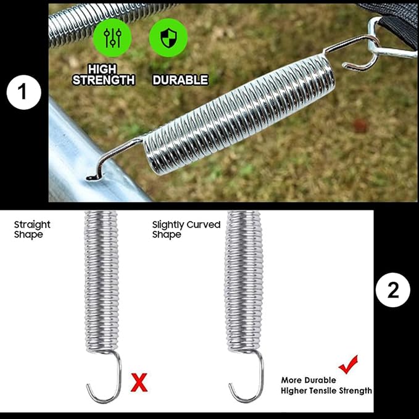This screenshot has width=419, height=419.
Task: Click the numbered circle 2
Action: tap(393, 291)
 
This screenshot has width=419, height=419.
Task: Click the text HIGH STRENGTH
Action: tap(103, 75)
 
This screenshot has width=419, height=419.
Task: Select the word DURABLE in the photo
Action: tap(180, 80)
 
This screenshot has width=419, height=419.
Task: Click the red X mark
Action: tap(140, 383)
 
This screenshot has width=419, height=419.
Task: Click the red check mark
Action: tap(348, 363)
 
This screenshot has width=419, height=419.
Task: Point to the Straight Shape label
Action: tap(32, 230)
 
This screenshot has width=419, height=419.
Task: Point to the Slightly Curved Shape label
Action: tap(186, 230)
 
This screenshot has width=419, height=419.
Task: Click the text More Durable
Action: tap(309, 380)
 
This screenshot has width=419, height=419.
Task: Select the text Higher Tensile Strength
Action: tap(326, 391)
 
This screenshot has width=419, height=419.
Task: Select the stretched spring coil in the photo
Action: tap(241, 111)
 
